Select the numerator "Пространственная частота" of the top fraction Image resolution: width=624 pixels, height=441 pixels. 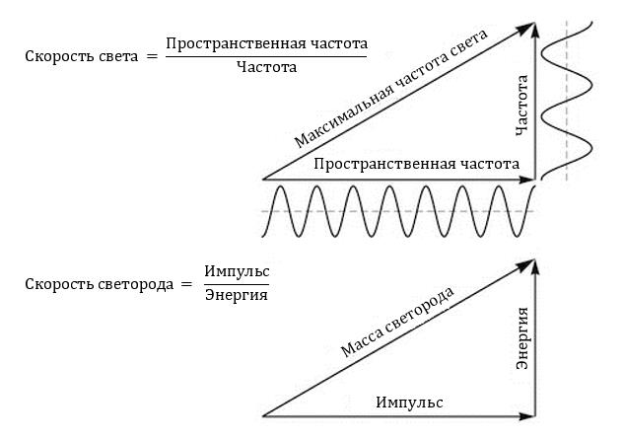click(266, 43)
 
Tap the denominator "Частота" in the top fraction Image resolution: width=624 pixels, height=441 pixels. click(266, 68)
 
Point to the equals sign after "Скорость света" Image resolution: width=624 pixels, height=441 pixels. click(151, 56)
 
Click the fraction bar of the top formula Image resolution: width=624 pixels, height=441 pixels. click(266, 56)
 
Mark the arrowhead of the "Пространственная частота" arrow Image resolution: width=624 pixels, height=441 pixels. click(527, 180)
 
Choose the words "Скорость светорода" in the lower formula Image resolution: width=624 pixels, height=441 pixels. click(96, 283)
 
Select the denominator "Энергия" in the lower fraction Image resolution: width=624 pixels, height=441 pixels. click(237, 295)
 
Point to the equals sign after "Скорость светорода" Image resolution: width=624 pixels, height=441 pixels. click(183, 284)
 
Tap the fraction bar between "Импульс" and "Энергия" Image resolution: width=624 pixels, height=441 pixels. click(237, 284)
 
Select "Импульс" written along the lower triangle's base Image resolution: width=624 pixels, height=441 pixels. click(410, 403)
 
